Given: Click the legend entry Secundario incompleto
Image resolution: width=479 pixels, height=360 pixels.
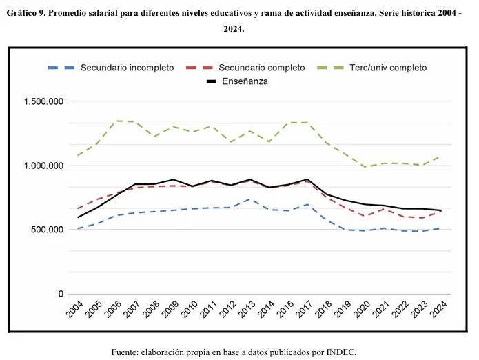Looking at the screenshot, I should [x=127, y=68].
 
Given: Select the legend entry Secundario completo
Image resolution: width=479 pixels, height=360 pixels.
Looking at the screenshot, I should [x=261, y=68].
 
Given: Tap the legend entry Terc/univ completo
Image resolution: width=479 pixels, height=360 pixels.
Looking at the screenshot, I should [x=388, y=68].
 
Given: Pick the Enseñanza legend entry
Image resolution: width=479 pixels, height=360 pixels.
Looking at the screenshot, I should [x=245, y=81].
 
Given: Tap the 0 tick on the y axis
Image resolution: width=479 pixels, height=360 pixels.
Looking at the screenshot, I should [x=60, y=294].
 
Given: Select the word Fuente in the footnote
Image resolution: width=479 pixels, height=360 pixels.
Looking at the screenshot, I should [x=125, y=352].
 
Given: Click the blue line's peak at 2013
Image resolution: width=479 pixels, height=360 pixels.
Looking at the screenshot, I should [x=249, y=199].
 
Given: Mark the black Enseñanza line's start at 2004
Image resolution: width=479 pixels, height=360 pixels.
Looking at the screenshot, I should [x=78, y=217].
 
